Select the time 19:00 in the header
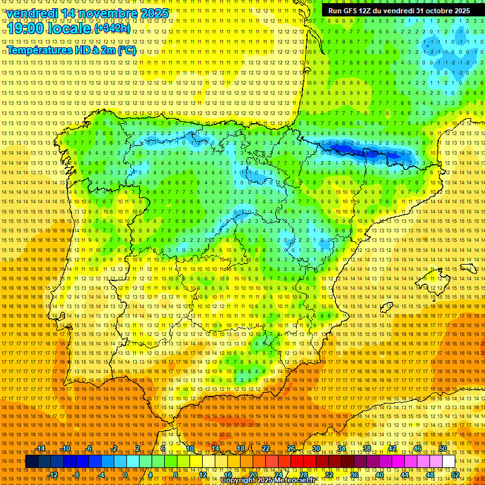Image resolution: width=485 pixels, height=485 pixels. [25, 28]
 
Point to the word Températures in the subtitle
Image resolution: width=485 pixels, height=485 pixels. [40, 50]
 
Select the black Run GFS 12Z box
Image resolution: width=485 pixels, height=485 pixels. [398, 11]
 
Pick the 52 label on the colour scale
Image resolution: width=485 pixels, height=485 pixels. [456, 475]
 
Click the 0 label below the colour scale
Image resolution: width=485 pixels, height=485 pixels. [125, 475]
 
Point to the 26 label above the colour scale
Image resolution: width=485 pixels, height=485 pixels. [291, 449]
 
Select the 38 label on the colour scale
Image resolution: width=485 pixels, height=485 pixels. [367, 449]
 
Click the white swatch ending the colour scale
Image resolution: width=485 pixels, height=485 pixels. [449, 462]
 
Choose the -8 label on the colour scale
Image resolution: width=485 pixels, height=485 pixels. [77, 475]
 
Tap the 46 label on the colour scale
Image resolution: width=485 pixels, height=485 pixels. [417, 449]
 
